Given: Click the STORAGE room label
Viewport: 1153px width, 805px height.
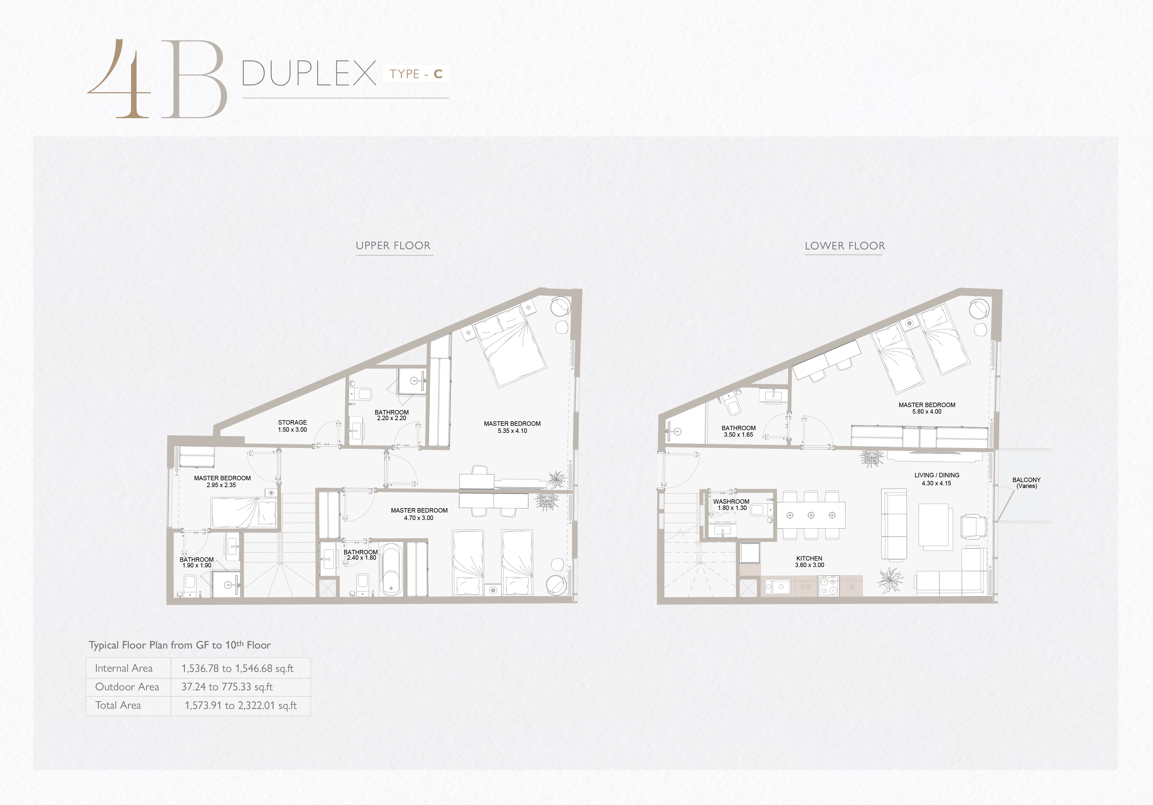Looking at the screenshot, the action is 292,422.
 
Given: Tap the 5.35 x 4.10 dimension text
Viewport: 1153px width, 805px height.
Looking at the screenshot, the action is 512,431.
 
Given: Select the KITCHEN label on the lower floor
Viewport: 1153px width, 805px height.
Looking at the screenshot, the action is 809,558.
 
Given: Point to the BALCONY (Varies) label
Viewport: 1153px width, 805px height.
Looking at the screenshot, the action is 1027,483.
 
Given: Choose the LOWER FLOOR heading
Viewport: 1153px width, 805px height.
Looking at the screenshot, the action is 845,246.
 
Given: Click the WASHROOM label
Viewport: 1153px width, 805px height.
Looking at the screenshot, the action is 731,502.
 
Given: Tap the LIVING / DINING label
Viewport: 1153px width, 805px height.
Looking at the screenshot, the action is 936,475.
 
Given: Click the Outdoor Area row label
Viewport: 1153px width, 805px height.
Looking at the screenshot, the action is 127,686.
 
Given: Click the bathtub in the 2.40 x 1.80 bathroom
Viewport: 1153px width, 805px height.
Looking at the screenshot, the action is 391,569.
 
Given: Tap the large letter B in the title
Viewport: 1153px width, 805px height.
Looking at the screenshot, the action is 193,79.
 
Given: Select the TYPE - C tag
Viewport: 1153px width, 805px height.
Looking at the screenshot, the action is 416,74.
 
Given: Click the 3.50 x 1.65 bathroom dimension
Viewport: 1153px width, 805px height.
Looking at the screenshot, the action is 738,435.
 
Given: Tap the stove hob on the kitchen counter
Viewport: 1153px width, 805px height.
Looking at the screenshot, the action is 829,585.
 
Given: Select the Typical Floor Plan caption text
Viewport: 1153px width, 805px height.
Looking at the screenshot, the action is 180,645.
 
